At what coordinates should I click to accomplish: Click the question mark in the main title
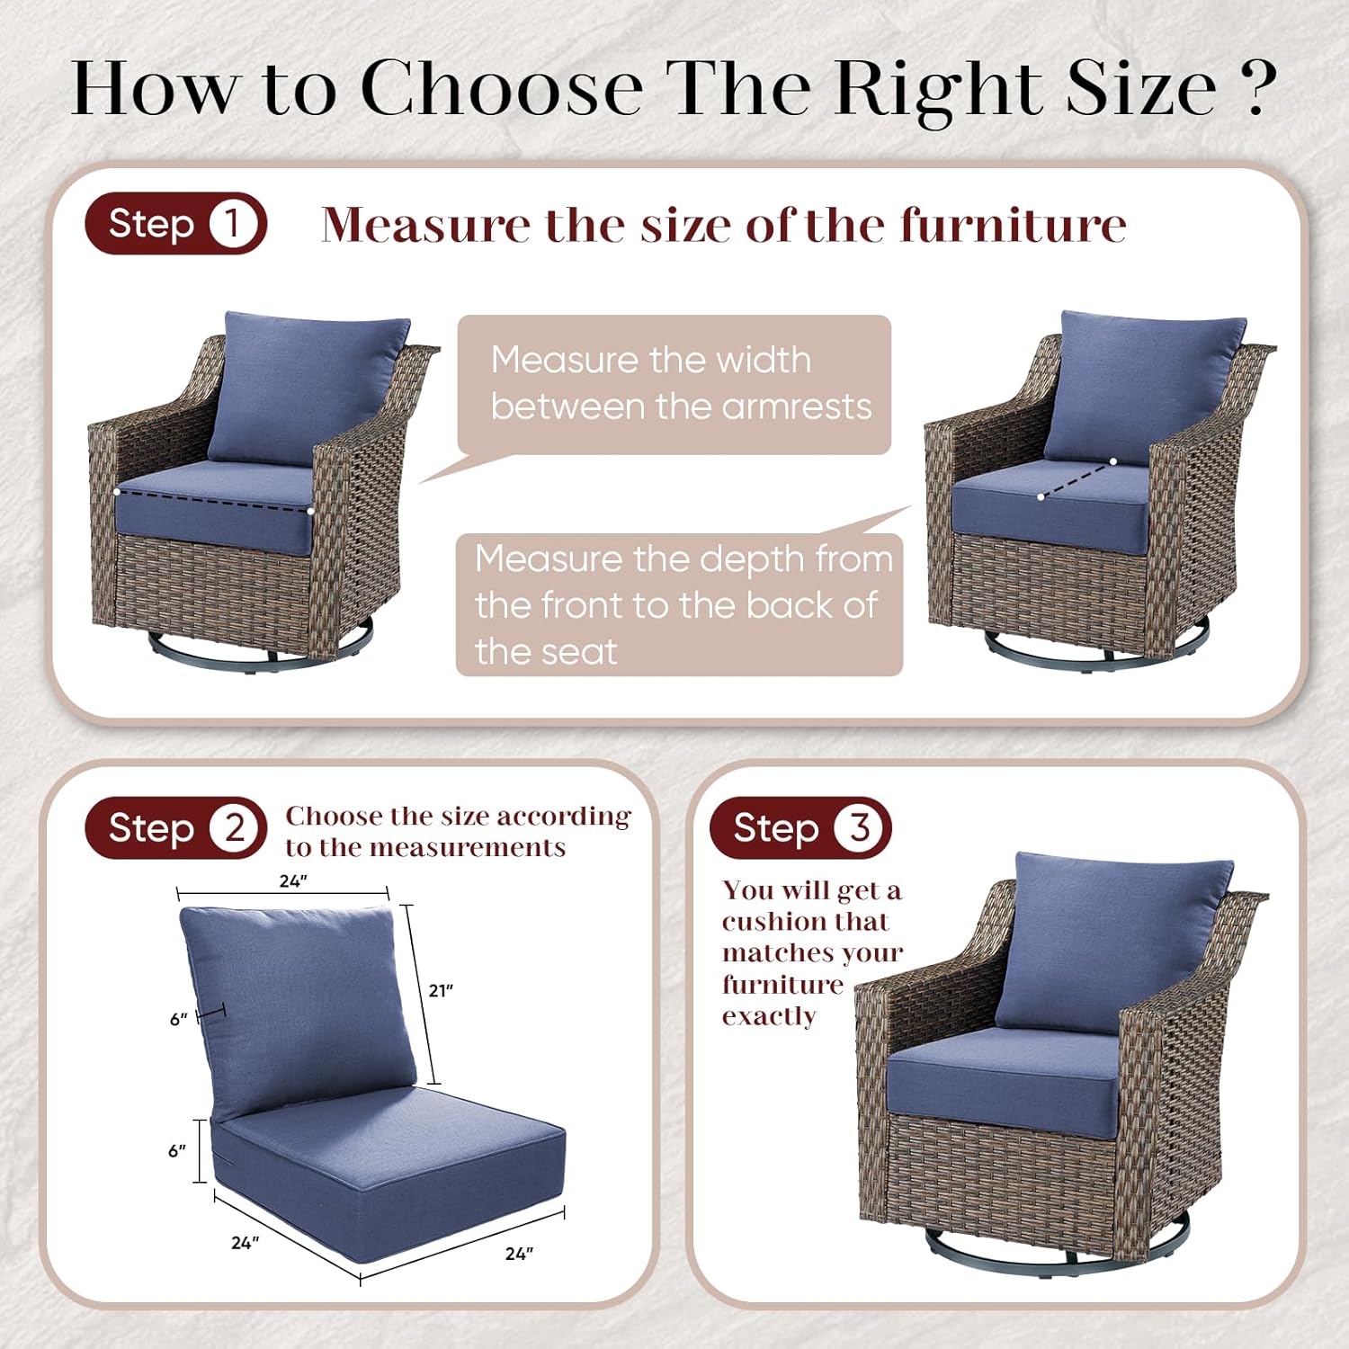[1256, 88]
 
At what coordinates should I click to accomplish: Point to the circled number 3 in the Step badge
[860, 827]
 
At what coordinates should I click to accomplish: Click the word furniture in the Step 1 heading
[1013, 225]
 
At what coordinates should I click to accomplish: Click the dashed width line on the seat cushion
[214, 501]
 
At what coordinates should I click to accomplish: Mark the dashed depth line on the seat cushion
[1077, 478]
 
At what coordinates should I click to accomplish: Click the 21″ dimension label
[441, 990]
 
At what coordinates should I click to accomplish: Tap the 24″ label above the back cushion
[293, 881]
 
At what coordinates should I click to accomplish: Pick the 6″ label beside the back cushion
[179, 1019]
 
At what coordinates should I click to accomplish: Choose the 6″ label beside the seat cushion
[177, 1150]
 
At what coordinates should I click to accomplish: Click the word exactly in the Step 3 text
[769, 1016]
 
